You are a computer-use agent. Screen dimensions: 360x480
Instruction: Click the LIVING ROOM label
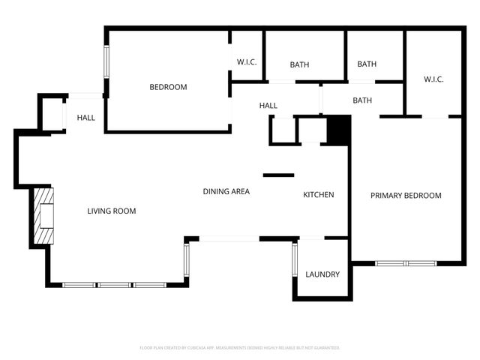click(x=112, y=211)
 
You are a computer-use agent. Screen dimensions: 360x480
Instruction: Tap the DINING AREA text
click(x=226, y=191)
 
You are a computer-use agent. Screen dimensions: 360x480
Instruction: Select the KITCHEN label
click(x=318, y=195)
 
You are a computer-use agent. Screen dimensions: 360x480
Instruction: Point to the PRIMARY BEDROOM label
click(x=406, y=196)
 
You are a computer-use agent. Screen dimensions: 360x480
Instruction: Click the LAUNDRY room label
click(x=322, y=274)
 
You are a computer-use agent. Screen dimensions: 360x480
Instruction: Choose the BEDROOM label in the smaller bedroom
click(x=168, y=87)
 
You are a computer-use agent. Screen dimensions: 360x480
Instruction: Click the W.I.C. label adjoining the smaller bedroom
click(x=247, y=62)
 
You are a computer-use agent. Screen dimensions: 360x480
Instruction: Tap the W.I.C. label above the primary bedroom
click(x=433, y=79)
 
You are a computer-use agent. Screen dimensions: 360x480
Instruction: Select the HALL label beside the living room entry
click(x=85, y=118)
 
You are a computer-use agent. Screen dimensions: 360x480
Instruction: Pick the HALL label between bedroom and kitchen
click(x=268, y=106)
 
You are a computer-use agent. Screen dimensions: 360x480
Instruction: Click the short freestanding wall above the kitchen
click(x=278, y=175)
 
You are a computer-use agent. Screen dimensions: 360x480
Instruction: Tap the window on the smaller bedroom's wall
click(x=106, y=68)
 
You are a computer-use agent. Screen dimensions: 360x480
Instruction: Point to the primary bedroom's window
click(x=405, y=263)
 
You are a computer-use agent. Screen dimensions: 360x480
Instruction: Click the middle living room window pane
click(x=115, y=285)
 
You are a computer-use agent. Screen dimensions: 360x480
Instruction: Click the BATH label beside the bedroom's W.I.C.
click(x=299, y=64)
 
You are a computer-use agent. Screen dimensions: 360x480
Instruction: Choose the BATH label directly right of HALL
click(x=362, y=100)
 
